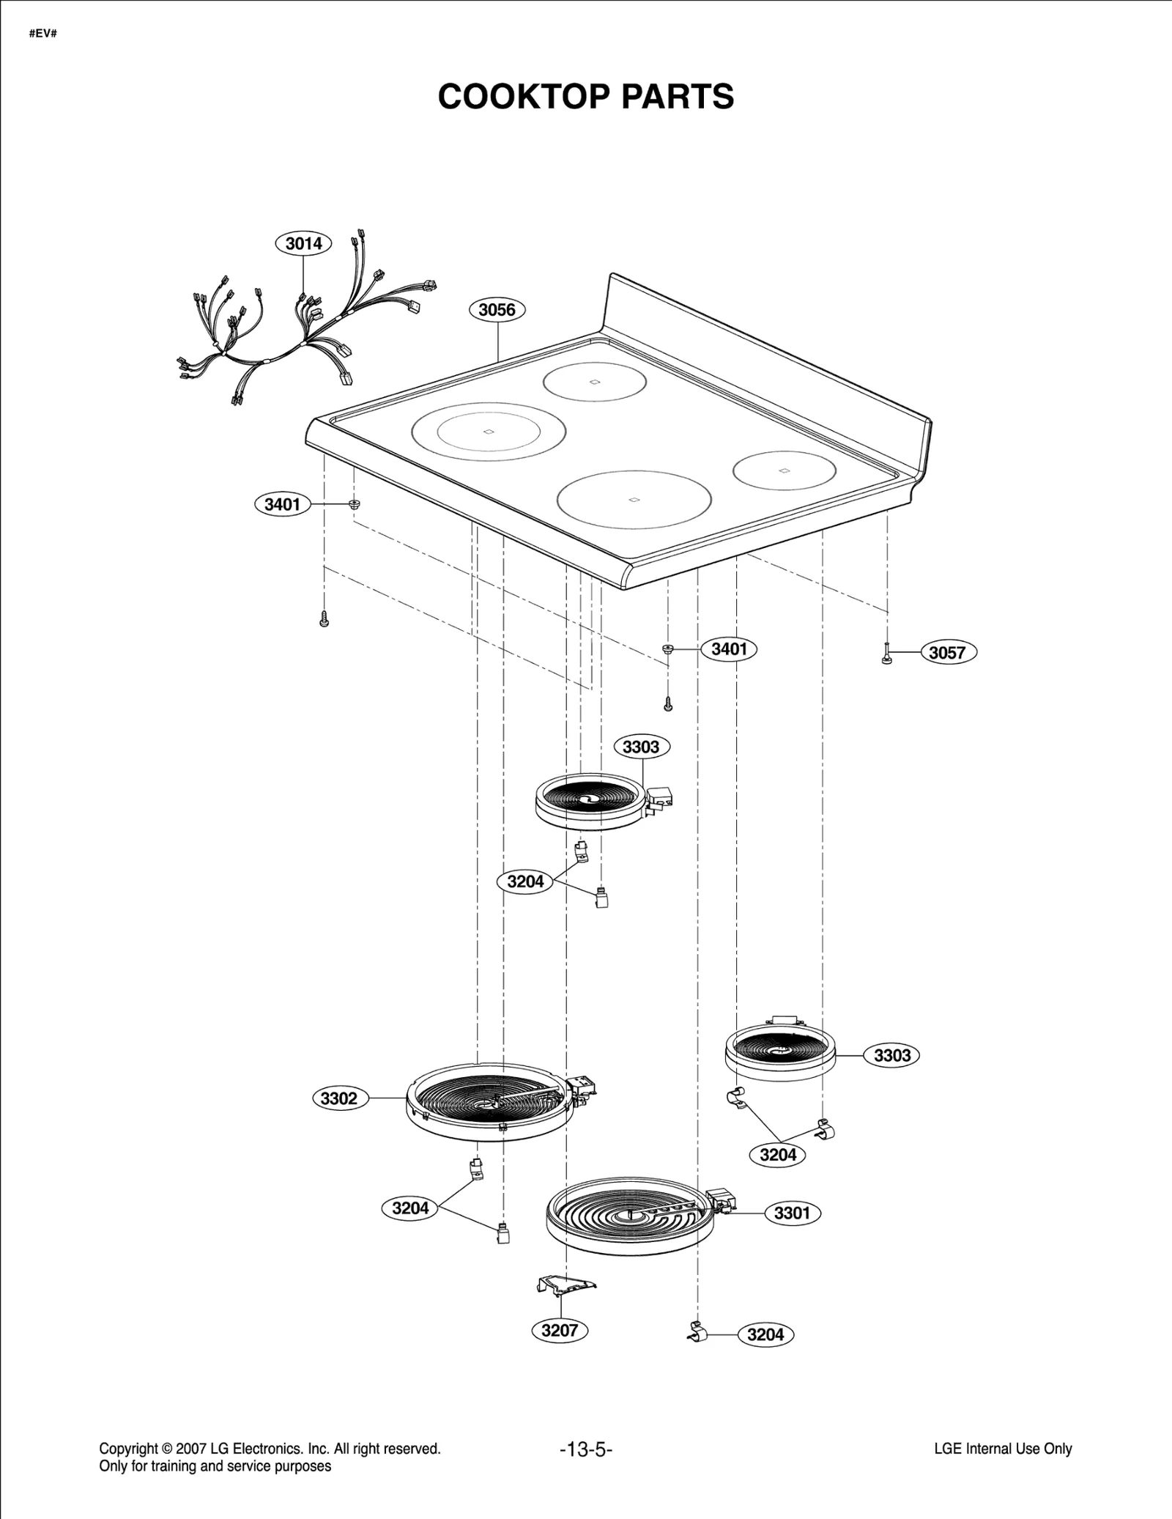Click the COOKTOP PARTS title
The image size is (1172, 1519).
click(x=585, y=97)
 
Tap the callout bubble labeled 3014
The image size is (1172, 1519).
click(x=303, y=243)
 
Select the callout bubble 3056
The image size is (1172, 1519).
click(x=497, y=310)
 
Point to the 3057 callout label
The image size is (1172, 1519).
click(x=947, y=652)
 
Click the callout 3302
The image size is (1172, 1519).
click(x=339, y=1098)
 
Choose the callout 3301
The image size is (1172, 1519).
click(x=792, y=1213)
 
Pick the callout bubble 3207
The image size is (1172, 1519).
click(x=560, y=1330)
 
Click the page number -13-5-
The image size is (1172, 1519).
click(x=585, y=1449)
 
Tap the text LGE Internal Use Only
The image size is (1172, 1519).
click(x=1003, y=1449)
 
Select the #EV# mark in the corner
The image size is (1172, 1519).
click(x=42, y=34)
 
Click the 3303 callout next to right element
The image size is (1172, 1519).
click(x=892, y=1055)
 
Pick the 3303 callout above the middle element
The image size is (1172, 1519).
click(x=641, y=747)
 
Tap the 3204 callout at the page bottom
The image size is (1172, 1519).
click(x=765, y=1334)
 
